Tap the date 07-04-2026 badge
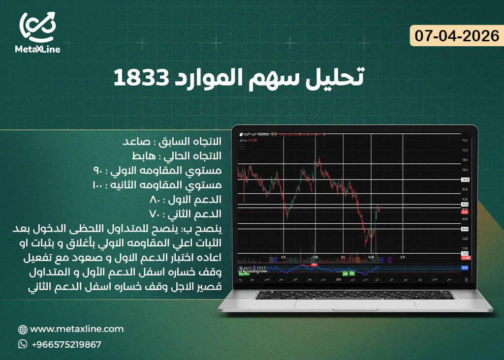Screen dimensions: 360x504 (x=457, y=35)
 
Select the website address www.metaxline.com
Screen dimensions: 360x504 (x=77, y=329)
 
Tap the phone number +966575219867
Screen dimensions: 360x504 (x=66, y=344)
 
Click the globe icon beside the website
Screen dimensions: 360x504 (x=23, y=330)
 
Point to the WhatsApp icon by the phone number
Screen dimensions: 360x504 (x=23, y=344)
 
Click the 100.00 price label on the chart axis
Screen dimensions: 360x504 (x=465, y=180)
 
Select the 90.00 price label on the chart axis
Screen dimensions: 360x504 (x=465, y=204)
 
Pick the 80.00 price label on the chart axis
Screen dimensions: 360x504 (x=465, y=229)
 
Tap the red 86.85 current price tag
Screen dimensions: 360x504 (x=465, y=210)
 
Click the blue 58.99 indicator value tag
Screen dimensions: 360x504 (x=465, y=268)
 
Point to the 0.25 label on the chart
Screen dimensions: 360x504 (x=283, y=257)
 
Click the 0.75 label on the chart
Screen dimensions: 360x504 (x=403, y=257)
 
